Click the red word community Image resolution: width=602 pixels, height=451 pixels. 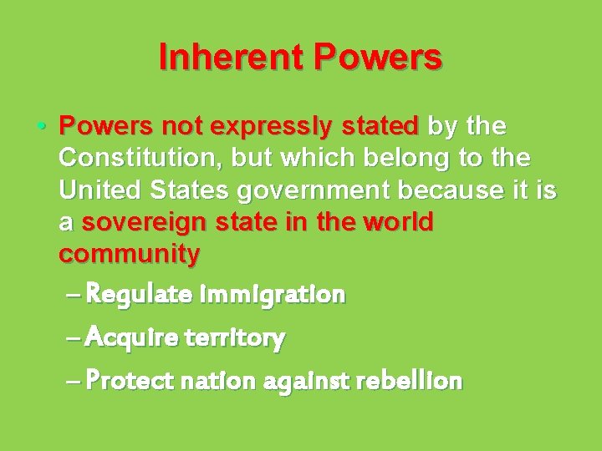pos(130,255)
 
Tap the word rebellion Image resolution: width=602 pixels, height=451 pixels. pos(410,382)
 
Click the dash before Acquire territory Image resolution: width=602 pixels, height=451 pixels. pos(72,338)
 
